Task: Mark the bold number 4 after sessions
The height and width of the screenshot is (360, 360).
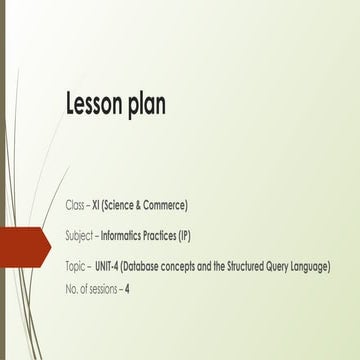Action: coord(128,289)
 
